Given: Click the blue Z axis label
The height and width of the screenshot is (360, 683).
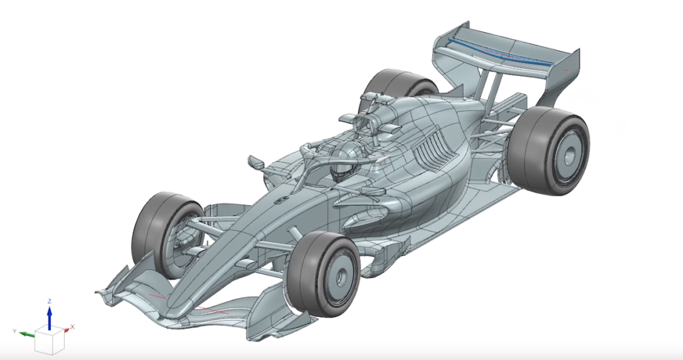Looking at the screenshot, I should tap(49, 301).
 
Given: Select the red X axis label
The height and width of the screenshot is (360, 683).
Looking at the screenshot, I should tap(72, 326).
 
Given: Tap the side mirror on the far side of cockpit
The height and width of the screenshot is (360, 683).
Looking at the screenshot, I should tap(255, 161).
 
